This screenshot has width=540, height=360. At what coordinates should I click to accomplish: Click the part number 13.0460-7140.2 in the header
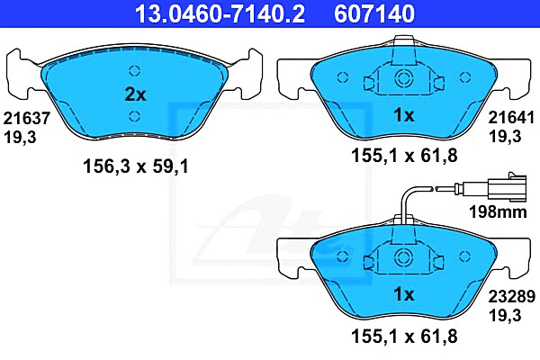220,13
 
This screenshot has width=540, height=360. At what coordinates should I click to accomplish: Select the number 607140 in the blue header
374,13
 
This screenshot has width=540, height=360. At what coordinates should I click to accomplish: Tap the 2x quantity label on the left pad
135,94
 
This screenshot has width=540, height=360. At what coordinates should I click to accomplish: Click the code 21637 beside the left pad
27,118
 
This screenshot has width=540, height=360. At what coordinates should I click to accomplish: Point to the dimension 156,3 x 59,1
136,167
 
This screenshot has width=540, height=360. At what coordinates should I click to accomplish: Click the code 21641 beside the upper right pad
511,118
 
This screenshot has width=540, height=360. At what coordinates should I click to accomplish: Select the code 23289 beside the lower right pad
512,296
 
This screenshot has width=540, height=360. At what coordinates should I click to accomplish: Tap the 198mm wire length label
498,211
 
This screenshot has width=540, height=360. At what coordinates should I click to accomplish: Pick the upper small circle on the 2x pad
135,71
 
